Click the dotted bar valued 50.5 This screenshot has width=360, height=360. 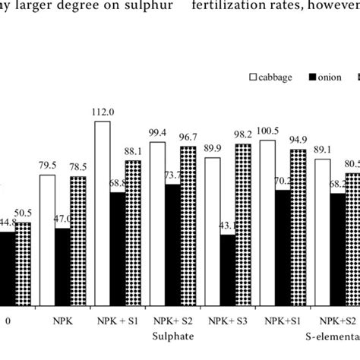pos(24,262)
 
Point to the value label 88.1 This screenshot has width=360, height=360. pos(134,151)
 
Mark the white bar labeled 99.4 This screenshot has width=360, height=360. pos(158,221)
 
